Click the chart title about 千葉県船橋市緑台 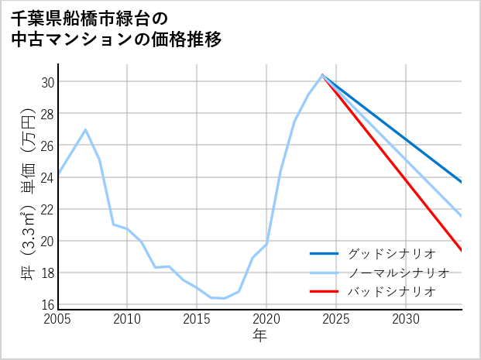tap(116, 29)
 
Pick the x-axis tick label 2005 tap(58, 319)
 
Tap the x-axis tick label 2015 tap(197, 319)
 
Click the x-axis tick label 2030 tap(406, 319)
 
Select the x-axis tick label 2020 tap(266, 319)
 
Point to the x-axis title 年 tap(259, 335)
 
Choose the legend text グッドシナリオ tap(392, 253)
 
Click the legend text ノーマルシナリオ tap(399, 273)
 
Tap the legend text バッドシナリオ tap(392, 291)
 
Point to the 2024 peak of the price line tap(322, 75)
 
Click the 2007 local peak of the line tap(85, 129)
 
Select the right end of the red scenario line tap(462, 250)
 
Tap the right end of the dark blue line tap(462, 183)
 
